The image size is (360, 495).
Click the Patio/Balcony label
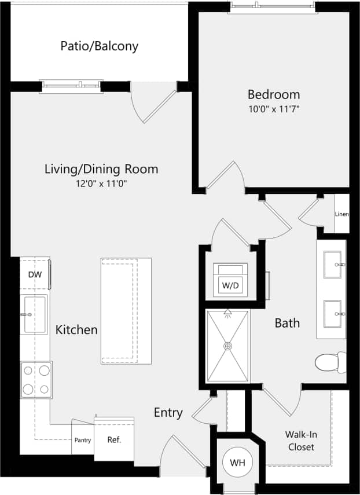tap(99, 46)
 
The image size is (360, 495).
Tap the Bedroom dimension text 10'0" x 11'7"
tap(274, 108)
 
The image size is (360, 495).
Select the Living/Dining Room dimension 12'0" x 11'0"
tap(101, 184)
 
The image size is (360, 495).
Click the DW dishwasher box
tap(35, 276)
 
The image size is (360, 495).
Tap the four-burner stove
tap(36, 379)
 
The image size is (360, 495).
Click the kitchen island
tap(126, 311)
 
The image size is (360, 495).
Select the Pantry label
tap(82, 440)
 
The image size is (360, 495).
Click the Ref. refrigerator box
tap(113, 439)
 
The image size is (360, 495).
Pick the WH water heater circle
tap(237, 463)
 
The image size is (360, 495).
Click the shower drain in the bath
tap(228, 346)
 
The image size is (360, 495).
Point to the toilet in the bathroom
tap(330, 362)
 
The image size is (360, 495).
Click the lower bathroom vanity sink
tap(332, 313)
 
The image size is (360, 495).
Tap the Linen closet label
tap(341, 214)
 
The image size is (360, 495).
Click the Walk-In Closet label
tap(300, 441)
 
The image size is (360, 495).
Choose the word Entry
tap(168, 413)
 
